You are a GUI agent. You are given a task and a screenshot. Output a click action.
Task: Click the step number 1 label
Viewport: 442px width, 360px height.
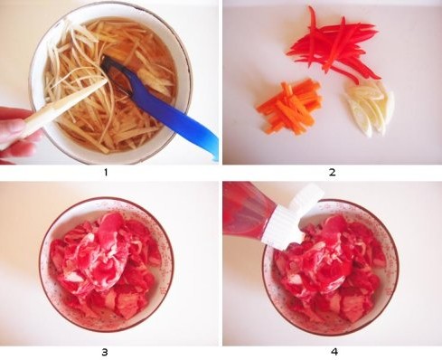point(106,173)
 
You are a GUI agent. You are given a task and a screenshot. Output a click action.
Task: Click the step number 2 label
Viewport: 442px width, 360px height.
point(332,173)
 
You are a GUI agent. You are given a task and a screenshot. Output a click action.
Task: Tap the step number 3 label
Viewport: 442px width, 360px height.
point(105,352)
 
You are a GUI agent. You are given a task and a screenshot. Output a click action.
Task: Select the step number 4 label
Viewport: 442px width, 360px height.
point(334,352)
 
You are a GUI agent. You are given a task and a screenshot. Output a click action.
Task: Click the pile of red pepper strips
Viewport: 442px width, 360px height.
point(333,48)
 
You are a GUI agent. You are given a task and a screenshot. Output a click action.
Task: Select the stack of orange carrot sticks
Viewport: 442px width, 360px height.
point(288,107)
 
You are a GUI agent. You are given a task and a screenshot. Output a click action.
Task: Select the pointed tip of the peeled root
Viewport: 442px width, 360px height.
point(106,81)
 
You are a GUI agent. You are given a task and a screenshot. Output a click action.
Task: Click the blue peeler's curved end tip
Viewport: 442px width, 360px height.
point(216,156)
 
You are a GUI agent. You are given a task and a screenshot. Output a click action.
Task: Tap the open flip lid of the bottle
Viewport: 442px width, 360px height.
point(305,197)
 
